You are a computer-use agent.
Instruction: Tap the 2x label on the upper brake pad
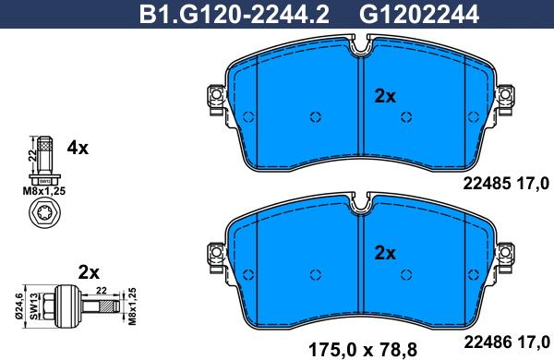(385, 95)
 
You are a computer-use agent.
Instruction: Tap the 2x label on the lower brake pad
(385, 252)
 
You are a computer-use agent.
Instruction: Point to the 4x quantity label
(78, 148)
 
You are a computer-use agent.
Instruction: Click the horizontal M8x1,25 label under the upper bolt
(44, 191)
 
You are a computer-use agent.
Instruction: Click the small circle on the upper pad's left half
(315, 117)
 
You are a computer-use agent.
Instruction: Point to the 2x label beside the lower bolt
(89, 272)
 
